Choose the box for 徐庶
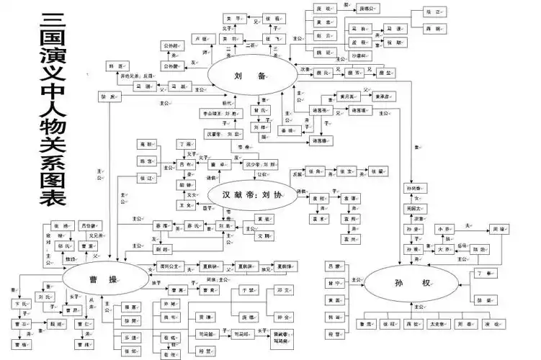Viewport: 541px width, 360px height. click(109, 96)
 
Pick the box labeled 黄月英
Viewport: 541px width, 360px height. click(349, 96)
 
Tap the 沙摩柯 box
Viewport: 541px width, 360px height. click(360, 54)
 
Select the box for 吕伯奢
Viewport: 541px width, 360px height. click(89, 224)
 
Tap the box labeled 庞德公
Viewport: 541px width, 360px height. click(366, 9)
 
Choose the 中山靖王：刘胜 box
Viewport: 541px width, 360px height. click(220, 114)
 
